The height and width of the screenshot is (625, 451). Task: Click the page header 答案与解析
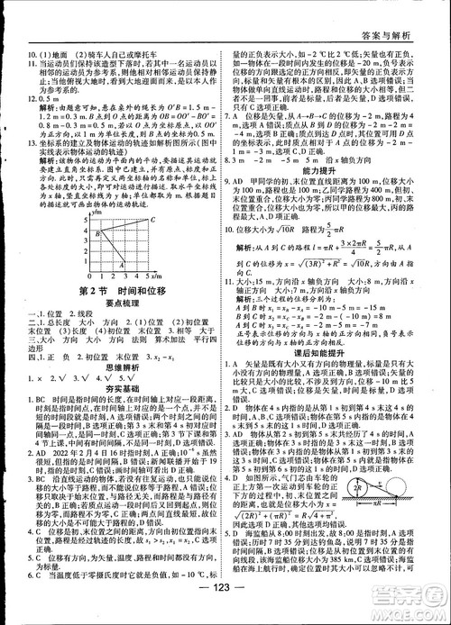pyautogui.click(x=403, y=12)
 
